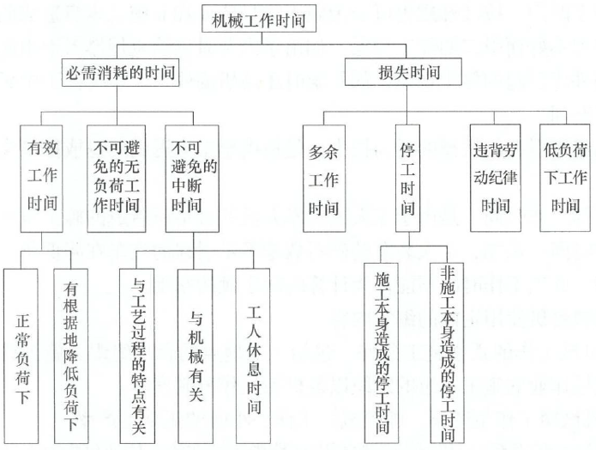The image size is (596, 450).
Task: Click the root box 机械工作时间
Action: [259, 19]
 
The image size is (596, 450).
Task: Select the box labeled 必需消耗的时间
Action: [121, 72]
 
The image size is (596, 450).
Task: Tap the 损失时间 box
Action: [403, 71]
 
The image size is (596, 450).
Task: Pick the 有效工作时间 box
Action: [41, 179]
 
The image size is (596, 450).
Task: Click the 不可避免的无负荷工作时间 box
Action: [117, 179]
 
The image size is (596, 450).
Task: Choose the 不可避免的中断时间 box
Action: [192, 179]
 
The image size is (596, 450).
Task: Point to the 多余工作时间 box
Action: [324, 178]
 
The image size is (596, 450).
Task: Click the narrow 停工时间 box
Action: [408, 178]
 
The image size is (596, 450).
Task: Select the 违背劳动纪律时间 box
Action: [496, 178]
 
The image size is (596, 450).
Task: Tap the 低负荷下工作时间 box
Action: [565, 178]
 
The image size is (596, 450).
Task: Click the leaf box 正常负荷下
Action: [21, 356]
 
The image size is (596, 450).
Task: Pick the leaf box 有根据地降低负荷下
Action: [71, 356]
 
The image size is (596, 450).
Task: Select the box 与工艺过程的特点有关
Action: [137, 356]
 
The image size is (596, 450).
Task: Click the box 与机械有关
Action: [196, 356]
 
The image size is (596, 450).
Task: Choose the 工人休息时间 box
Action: [253, 356]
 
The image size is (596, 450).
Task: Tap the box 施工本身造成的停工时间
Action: [382, 353]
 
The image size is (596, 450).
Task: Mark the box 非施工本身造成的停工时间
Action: [447, 353]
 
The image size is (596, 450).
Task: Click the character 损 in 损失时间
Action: [386, 72]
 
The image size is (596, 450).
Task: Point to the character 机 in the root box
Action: [220, 20]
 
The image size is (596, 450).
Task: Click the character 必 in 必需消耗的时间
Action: [74, 73]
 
